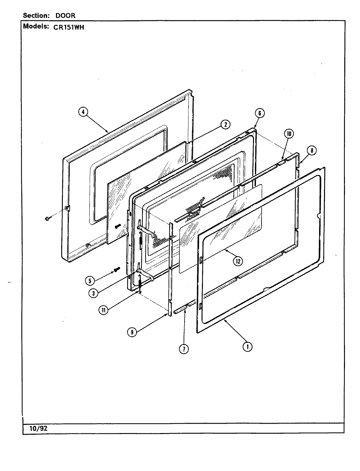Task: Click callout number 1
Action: click(247, 346)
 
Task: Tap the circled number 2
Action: click(225, 124)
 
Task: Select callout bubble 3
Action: click(94, 293)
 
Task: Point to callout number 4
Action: click(83, 112)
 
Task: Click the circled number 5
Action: click(89, 280)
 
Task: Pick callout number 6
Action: click(259, 113)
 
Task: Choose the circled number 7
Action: click(184, 349)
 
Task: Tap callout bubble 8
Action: click(312, 150)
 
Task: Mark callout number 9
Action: click(132, 332)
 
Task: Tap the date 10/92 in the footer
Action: click(39, 428)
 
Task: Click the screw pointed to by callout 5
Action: click(117, 270)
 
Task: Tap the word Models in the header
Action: click(35, 27)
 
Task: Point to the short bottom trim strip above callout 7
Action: click(181, 309)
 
